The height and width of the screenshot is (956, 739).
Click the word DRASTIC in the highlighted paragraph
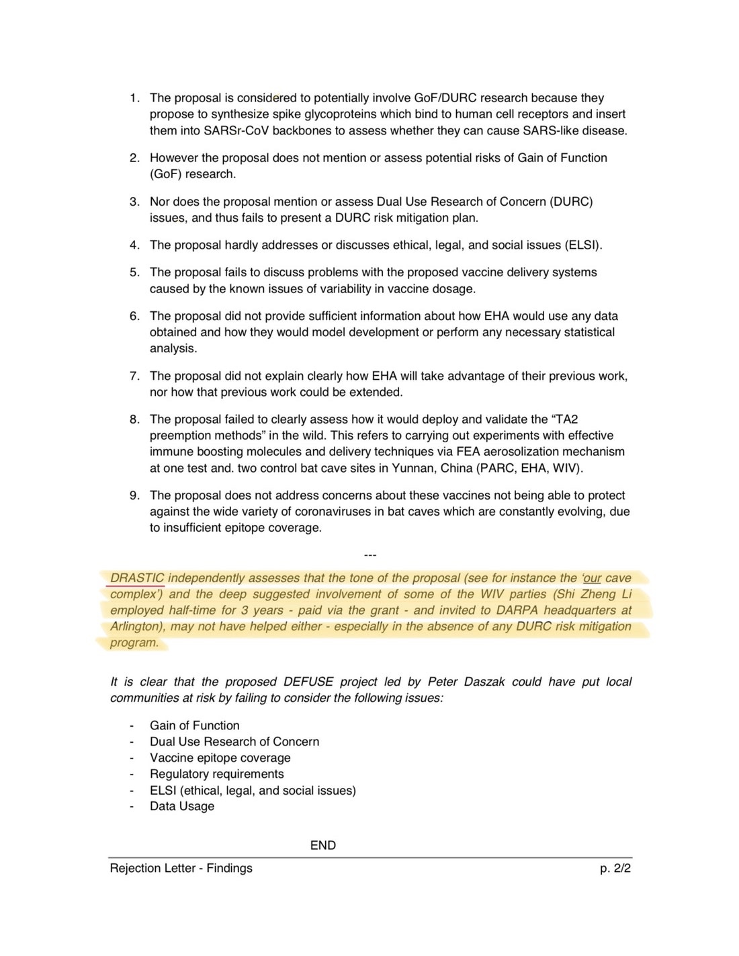(137, 578)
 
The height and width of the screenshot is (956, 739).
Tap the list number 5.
(134, 272)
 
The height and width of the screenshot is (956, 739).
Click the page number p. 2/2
(615, 868)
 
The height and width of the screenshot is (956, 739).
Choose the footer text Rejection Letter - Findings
(181, 868)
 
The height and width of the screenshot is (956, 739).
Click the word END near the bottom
(323, 845)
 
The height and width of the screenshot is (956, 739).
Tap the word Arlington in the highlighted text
(137, 627)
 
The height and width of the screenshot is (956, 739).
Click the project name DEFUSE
(308, 682)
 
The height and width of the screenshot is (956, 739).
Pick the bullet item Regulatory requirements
(217, 774)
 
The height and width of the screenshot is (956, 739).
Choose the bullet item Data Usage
(182, 806)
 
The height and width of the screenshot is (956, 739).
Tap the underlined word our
(593, 578)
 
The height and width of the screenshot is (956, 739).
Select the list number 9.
(134, 495)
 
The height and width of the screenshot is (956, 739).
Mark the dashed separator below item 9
(369, 555)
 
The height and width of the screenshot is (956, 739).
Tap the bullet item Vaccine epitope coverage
(220, 758)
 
